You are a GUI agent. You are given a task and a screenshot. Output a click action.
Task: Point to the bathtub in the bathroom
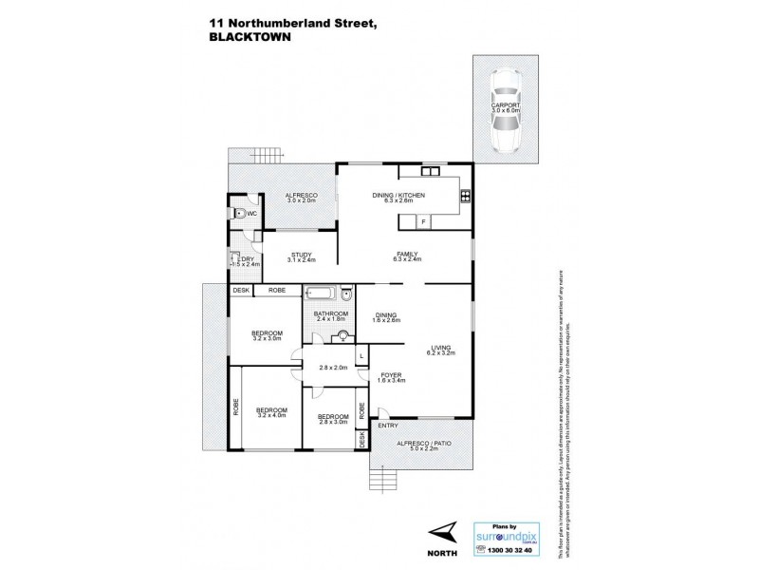[x=321, y=294]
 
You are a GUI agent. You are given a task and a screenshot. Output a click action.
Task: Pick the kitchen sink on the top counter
[x=430, y=172]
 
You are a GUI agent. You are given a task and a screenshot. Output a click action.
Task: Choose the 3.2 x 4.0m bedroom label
[x=271, y=412]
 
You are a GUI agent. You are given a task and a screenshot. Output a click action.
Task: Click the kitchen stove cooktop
[x=466, y=198]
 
